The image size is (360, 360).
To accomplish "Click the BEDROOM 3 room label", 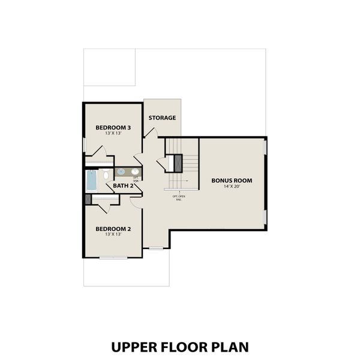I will (113, 128).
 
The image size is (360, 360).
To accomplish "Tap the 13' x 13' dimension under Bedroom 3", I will (113, 134).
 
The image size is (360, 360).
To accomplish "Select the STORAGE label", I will (162, 118).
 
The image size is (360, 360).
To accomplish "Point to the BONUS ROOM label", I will (231, 181).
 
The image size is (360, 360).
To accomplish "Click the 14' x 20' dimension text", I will (231, 187).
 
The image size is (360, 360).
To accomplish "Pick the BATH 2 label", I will (123, 185).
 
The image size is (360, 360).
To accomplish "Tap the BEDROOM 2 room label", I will (113, 229).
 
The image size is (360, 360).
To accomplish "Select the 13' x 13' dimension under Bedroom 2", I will (113, 235).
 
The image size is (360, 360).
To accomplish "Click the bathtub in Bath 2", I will (92, 179).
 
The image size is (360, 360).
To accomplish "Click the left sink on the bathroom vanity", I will (121, 172).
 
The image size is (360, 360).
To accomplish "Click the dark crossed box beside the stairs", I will (178, 163).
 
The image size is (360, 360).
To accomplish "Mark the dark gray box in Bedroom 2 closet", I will (88, 199).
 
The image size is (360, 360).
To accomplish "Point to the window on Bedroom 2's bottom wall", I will (113, 257).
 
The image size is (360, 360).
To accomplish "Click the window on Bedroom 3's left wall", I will (83, 145).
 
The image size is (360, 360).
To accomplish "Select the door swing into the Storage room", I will (138, 158).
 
